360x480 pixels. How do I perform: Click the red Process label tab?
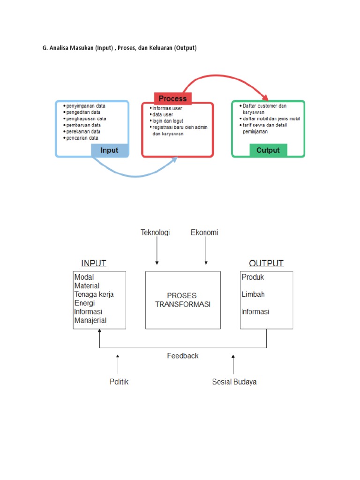(x=172, y=98)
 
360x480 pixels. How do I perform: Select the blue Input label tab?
(x=109, y=150)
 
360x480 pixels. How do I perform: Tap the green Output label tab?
(x=268, y=150)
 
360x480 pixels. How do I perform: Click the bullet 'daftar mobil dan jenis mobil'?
(x=271, y=119)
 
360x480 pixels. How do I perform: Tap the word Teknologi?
(x=155, y=232)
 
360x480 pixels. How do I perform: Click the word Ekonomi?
(x=204, y=232)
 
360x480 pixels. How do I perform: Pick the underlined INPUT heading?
(x=94, y=263)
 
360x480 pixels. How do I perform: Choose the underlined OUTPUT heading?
(x=266, y=263)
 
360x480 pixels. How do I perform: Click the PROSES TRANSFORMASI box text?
(x=182, y=300)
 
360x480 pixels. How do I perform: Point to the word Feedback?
(x=183, y=356)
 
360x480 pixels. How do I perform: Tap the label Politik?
(x=119, y=382)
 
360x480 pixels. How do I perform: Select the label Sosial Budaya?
(x=234, y=382)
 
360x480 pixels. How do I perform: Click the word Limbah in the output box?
(x=253, y=294)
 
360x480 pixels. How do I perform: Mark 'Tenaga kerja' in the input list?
(x=94, y=294)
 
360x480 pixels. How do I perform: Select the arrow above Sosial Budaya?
(x=233, y=364)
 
